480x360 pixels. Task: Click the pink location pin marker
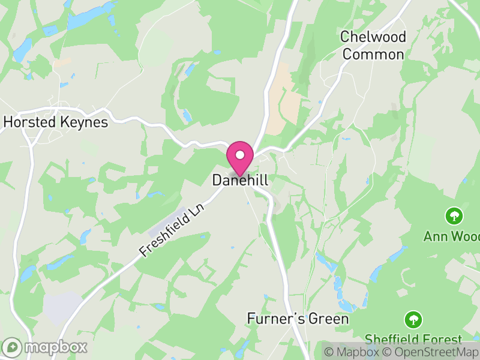(240, 160)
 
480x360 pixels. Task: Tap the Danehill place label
(240, 180)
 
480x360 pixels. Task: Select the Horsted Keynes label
(55, 122)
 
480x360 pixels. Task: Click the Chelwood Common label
(373, 46)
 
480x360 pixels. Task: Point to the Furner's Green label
(298, 319)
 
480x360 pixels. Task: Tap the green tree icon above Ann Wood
(454, 215)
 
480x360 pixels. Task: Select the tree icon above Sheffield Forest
(413, 319)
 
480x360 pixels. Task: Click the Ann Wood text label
(451, 236)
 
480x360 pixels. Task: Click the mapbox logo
(46, 347)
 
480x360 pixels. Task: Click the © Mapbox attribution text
(351, 352)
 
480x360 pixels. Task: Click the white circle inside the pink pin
(240, 155)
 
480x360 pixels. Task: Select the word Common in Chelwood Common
(373, 55)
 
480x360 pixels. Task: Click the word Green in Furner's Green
(328, 319)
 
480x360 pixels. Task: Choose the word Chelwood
(373, 37)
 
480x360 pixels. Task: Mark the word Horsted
(29, 122)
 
